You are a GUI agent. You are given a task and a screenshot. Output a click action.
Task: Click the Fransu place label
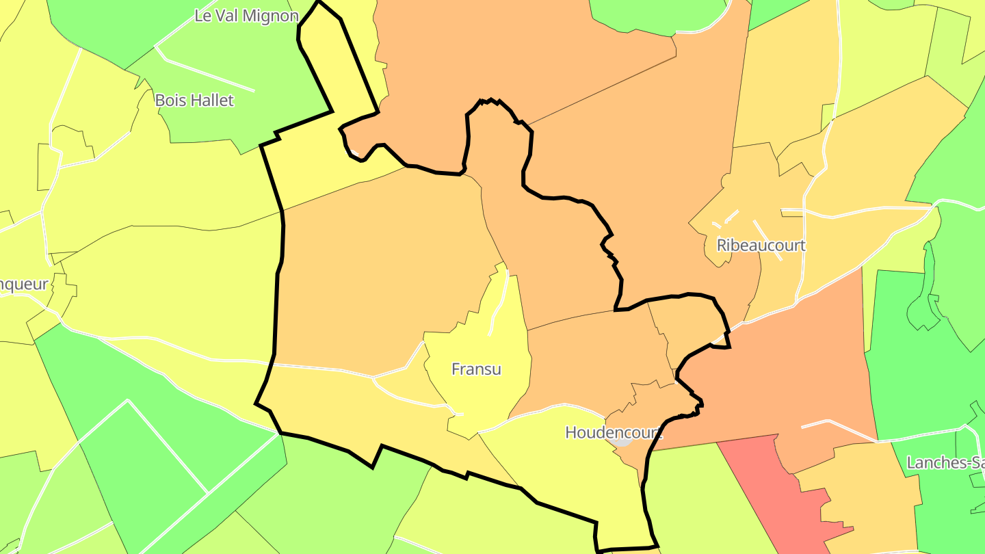pos(476,369)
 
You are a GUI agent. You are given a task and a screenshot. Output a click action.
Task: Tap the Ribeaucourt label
pos(761,245)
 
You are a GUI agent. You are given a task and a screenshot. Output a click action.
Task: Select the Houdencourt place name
pos(613,432)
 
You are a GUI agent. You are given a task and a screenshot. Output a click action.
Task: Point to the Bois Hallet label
pos(194,100)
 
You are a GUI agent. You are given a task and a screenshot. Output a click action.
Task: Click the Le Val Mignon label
pos(246,16)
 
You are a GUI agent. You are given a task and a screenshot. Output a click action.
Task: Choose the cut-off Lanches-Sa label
pos(945,463)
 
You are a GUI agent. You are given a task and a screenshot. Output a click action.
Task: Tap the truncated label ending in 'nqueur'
pos(24,285)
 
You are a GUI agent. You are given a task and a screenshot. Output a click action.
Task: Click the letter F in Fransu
pos(456,369)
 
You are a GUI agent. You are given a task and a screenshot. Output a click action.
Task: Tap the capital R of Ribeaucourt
pos(722,245)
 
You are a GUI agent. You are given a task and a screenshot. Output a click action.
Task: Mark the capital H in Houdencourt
pos(570,432)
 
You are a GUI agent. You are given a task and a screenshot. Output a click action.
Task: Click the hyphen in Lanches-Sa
pos(965,464)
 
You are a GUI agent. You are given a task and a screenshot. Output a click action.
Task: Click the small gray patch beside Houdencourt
pos(621,440)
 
